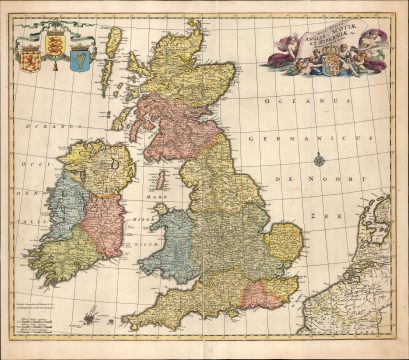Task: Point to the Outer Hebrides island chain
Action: pos(113,50)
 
